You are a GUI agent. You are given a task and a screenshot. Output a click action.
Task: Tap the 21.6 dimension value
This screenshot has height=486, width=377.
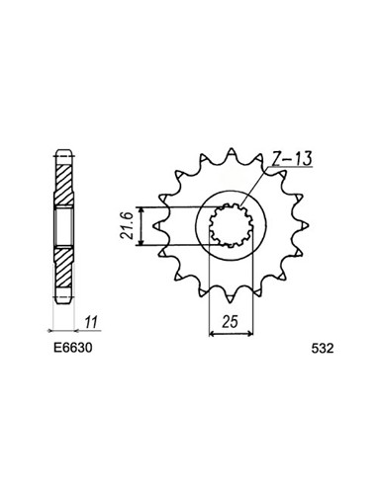click(127, 226)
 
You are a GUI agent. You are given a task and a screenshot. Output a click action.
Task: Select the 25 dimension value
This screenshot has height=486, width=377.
click(230, 322)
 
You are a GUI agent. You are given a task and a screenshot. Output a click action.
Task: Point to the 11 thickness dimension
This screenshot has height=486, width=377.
click(91, 322)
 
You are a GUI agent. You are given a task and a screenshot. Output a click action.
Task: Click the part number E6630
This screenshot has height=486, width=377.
click(73, 348)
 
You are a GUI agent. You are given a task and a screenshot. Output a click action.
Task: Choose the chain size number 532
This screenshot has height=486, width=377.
click(323, 349)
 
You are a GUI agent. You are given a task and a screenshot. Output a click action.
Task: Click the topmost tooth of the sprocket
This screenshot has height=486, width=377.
click(232, 153)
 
